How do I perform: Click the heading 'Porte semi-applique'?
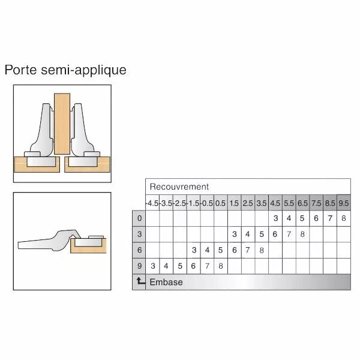(x=65, y=70)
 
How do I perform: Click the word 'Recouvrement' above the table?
(x=179, y=187)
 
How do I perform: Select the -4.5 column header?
(x=152, y=203)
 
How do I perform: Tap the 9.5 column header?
(x=344, y=203)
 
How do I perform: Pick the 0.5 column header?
(x=221, y=203)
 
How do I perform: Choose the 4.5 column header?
(x=275, y=203)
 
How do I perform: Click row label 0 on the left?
(x=139, y=218)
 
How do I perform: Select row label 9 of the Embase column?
(x=139, y=266)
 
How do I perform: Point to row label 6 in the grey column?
(x=139, y=250)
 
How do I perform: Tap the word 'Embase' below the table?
(x=166, y=282)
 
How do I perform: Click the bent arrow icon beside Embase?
(x=140, y=281)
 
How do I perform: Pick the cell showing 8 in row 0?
(x=344, y=218)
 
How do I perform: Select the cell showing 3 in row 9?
(x=152, y=266)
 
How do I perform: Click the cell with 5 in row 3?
(x=262, y=234)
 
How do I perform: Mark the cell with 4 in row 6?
(x=208, y=250)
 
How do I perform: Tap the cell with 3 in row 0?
(x=275, y=218)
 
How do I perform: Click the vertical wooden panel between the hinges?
(x=62, y=124)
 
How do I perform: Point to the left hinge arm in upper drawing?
(x=43, y=131)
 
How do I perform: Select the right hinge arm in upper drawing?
(x=82, y=131)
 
